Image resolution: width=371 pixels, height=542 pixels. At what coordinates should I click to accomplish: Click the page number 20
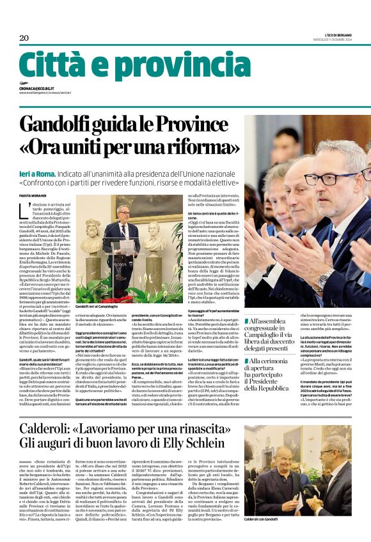click(x=24, y=38)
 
